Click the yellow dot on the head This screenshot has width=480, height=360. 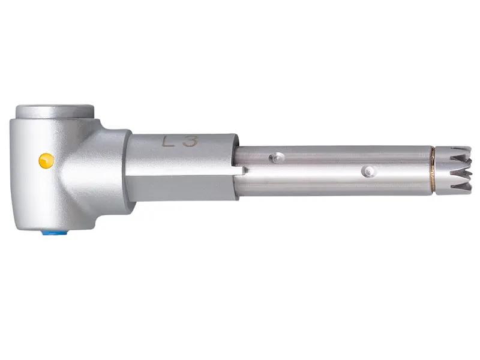[x=47, y=160]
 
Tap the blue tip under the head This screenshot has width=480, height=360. [x=55, y=233]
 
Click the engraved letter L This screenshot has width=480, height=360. [x=169, y=142]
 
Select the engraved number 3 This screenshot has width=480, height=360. [x=190, y=142]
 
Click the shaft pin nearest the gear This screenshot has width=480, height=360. [x=368, y=171]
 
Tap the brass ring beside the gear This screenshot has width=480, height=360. [x=433, y=170]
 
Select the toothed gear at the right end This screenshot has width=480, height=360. [x=454, y=170]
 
